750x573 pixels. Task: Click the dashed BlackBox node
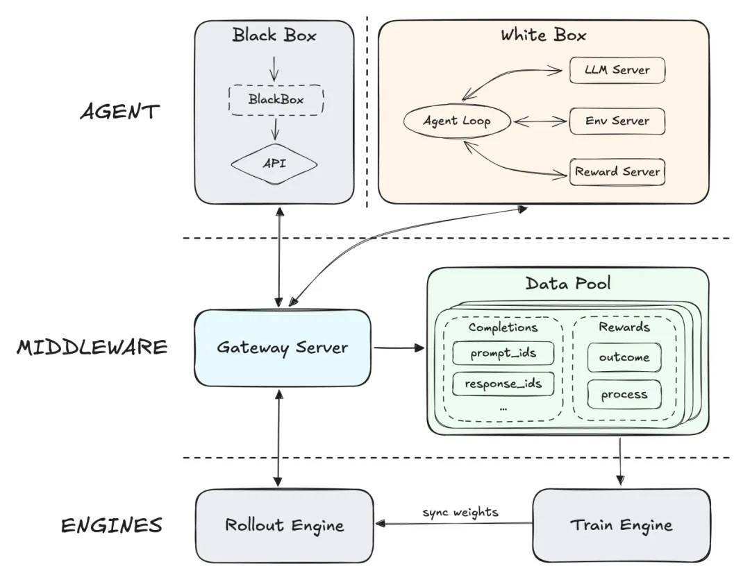click(276, 100)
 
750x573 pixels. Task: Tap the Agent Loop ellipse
click(457, 121)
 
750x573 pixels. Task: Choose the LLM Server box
click(617, 70)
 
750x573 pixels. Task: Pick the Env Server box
click(617, 121)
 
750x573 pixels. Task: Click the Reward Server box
click(617, 172)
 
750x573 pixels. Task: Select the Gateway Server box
click(281, 348)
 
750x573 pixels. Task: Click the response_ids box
click(503, 383)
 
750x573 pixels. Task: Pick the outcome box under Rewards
click(624, 358)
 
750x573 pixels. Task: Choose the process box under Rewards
click(624, 395)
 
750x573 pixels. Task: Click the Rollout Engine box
click(284, 525)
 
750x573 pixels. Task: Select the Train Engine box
click(622, 525)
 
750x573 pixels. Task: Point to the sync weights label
click(460, 513)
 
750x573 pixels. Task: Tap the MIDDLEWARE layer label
click(92, 347)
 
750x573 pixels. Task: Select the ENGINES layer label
click(111, 525)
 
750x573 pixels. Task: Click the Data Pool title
click(568, 284)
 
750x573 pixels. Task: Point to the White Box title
click(544, 35)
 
